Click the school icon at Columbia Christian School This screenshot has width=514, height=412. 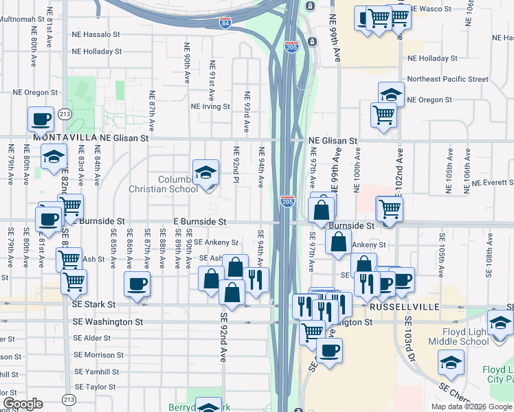205,174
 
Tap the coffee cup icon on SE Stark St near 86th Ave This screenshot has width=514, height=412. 137,284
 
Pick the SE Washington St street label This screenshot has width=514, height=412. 108,321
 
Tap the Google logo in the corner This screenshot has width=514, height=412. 23,404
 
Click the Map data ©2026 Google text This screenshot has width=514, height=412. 471,407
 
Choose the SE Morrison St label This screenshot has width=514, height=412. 98,355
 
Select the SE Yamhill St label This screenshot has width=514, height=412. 96,371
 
